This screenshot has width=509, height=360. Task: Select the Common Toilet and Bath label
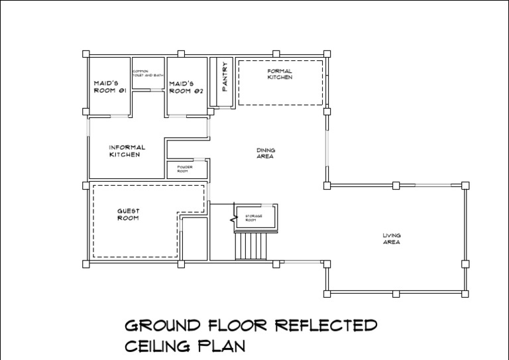[x=147, y=73]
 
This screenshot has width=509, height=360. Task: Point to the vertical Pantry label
[x=225, y=82]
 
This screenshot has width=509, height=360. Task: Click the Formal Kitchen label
[x=280, y=74]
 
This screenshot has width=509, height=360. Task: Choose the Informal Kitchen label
[x=127, y=150]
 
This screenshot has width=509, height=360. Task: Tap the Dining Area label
[x=266, y=153]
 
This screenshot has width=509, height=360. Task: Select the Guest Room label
[x=128, y=214]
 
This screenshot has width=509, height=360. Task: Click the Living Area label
[x=392, y=239]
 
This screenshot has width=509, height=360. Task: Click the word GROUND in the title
[x=162, y=326]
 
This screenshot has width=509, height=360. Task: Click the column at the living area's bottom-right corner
[x=465, y=293]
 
